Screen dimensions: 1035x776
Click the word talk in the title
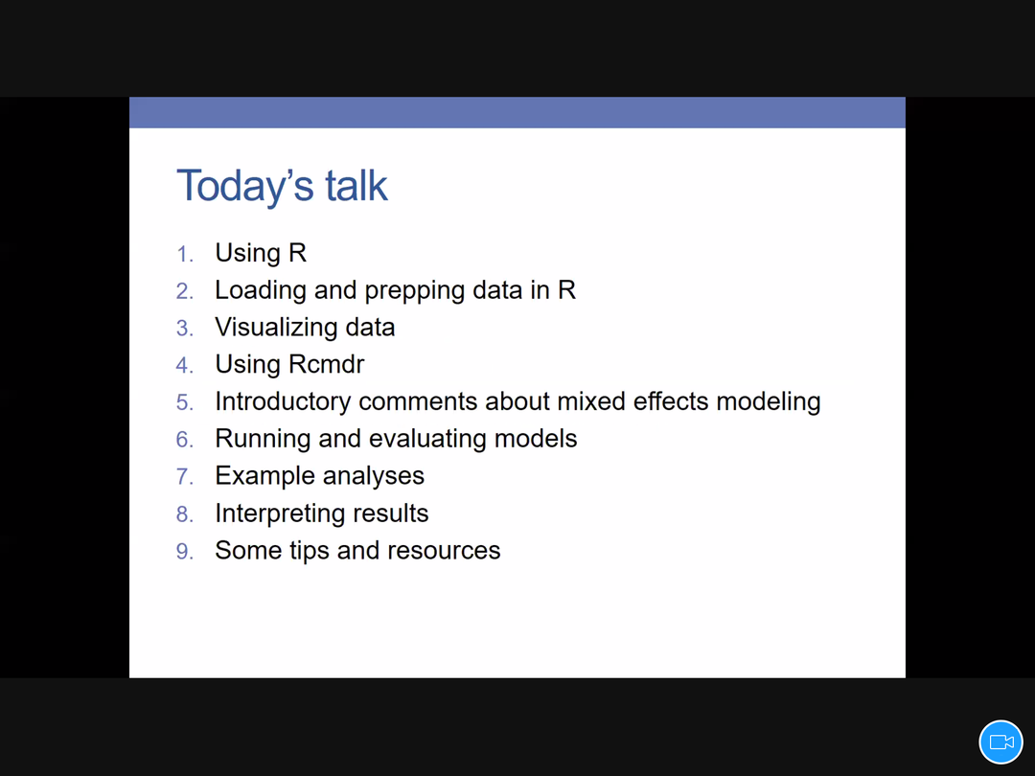click(x=356, y=186)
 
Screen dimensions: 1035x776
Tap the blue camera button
click(x=1000, y=742)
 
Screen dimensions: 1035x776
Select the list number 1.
click(x=184, y=254)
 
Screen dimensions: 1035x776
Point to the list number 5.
click(x=184, y=402)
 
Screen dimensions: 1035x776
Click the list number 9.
click(x=184, y=552)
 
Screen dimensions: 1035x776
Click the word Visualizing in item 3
click(x=275, y=329)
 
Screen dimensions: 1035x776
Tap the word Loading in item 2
click(x=260, y=291)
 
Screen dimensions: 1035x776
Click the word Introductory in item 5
click(x=283, y=402)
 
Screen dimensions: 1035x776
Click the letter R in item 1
click(x=298, y=253)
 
